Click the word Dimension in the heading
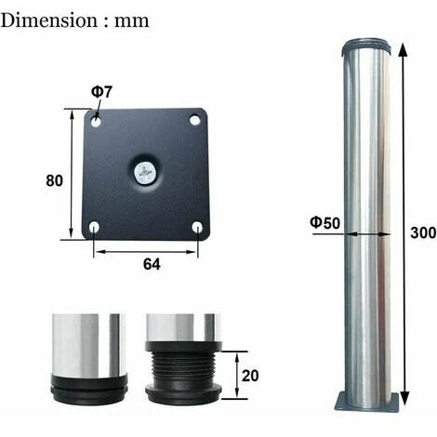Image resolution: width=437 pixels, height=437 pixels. coord(49,20)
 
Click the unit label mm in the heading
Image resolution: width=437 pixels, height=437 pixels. coord(131,22)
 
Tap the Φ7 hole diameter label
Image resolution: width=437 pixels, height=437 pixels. coord(101,92)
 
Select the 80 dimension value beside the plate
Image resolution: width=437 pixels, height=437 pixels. coord(54,180)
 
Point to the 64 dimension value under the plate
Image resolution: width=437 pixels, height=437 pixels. coord(152,264)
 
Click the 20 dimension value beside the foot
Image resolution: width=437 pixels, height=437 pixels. coord(250,376)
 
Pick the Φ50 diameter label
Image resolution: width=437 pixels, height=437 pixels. coord(324,223)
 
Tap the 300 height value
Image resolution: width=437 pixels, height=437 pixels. coord(423,232)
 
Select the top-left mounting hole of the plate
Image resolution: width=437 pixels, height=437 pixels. coord(96,121)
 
